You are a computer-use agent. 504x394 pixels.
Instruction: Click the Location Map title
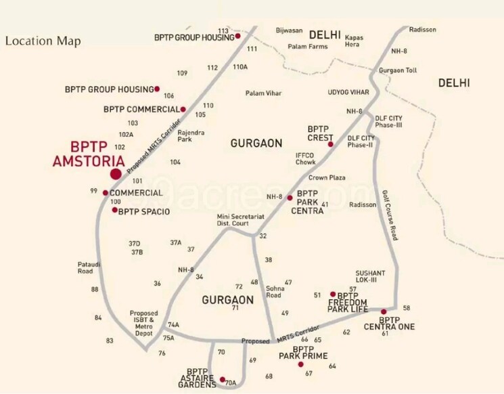click(x=43, y=41)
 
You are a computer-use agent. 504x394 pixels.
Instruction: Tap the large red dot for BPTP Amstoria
click(x=116, y=175)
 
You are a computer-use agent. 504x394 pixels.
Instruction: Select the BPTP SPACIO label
click(x=144, y=211)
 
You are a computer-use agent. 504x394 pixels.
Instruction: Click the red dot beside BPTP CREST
click(x=331, y=144)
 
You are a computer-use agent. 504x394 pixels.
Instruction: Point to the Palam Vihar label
click(x=264, y=93)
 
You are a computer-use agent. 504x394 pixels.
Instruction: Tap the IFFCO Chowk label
click(x=305, y=158)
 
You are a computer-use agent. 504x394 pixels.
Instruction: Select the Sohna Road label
click(x=273, y=291)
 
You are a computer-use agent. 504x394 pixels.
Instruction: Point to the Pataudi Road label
click(x=85, y=267)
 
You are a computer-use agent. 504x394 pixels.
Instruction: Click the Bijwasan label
click(x=289, y=30)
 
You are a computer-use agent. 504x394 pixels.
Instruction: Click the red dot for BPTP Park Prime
click(x=301, y=365)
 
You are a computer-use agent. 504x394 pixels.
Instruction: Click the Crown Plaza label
click(x=327, y=177)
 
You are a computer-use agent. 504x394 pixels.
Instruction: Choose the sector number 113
click(x=223, y=31)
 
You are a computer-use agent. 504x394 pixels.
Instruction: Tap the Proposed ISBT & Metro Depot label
click(x=144, y=324)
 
